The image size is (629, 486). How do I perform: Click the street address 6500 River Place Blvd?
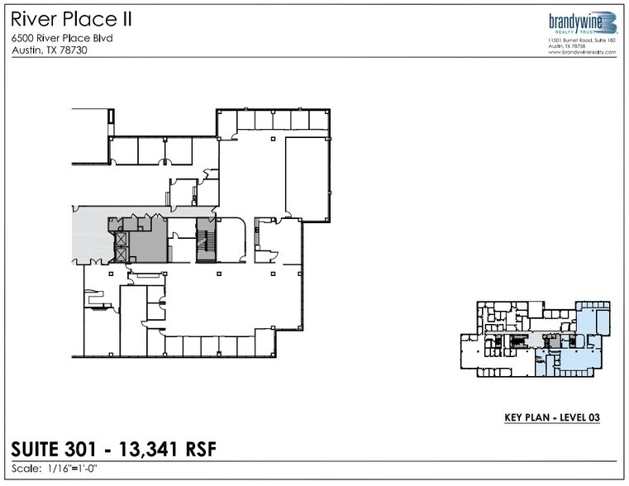pyautogui.click(x=62, y=38)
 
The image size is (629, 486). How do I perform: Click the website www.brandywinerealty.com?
pyautogui.click(x=583, y=52)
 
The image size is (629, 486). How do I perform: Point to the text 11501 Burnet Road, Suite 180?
pyautogui.click(x=583, y=40)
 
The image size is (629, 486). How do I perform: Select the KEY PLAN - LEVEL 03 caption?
pyautogui.click(x=551, y=418)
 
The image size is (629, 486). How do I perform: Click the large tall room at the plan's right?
pyautogui.click(x=307, y=177)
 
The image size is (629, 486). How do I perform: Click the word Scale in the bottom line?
pyautogui.click(x=27, y=469)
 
